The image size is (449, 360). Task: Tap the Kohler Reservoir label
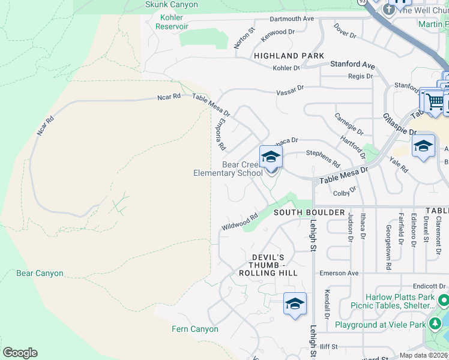point(172,22)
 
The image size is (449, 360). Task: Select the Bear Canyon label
point(40,274)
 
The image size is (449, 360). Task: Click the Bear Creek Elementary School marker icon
point(271,158)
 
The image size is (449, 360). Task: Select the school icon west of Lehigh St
point(295,304)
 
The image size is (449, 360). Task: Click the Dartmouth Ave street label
point(292,19)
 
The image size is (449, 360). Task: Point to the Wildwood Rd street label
point(240,222)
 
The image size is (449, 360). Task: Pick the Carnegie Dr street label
point(349,124)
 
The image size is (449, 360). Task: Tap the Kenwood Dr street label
point(278,35)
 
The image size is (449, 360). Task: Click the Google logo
point(20,353)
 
